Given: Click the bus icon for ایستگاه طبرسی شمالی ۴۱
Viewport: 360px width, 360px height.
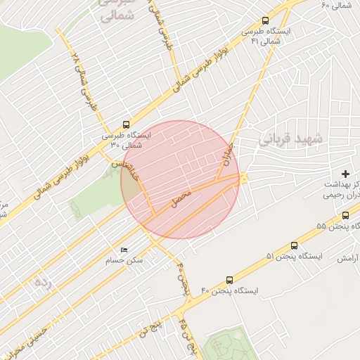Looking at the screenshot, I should (265, 20).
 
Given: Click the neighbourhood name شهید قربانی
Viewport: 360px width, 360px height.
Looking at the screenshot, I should (290, 139).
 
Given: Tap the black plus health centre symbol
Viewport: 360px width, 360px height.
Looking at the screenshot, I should (345, 174).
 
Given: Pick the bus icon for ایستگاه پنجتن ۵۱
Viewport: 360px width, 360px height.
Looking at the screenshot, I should (293, 245).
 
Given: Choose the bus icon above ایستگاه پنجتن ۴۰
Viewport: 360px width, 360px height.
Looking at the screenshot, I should (229, 279).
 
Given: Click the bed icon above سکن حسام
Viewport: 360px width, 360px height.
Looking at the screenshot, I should (124, 250).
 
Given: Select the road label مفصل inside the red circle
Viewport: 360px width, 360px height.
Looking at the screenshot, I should (181, 202).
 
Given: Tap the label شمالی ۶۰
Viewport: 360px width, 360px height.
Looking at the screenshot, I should (335, 6).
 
